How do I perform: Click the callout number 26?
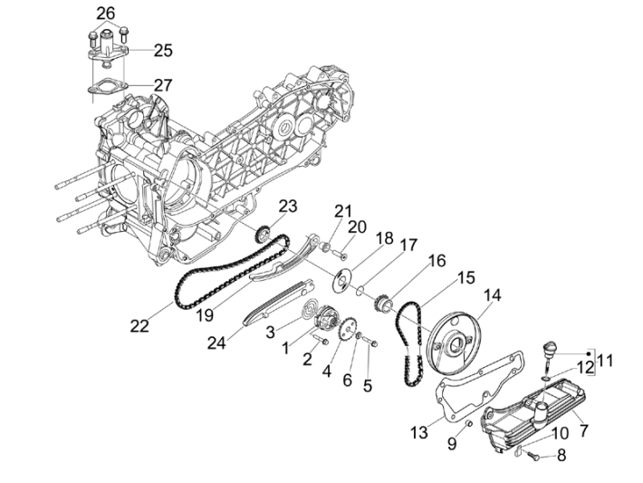(105, 14)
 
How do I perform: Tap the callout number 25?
(163, 51)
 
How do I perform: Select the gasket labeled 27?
(108, 87)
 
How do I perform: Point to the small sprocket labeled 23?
(263, 235)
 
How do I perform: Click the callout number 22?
(139, 326)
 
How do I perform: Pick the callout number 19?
(205, 315)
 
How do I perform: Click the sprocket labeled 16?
(383, 307)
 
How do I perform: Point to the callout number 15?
(466, 278)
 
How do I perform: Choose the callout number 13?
(418, 432)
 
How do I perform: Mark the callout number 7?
(583, 430)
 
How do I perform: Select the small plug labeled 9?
(468, 423)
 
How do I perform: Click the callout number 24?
(216, 343)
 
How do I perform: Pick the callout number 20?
(357, 227)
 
